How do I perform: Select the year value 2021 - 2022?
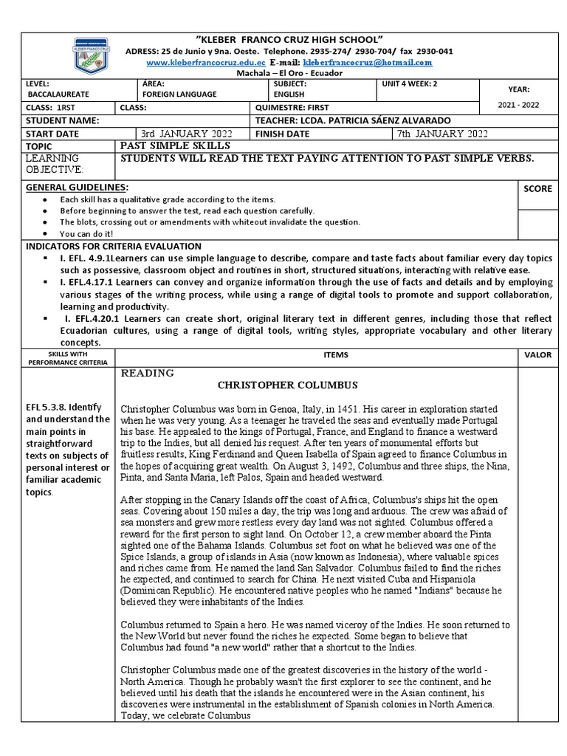pos(518,105)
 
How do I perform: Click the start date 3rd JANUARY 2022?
pos(187,134)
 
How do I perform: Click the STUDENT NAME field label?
pos(62,120)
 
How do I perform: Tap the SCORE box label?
pos(537,189)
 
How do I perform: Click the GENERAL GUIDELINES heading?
pos(77,188)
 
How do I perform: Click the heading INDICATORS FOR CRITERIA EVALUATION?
pos(113,245)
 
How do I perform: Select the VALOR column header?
pos(537,355)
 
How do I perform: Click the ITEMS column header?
pos(335,355)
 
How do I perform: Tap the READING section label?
pos(147,373)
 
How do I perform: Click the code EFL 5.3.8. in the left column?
pos(48,407)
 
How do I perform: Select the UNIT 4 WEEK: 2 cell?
pos(409,84)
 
